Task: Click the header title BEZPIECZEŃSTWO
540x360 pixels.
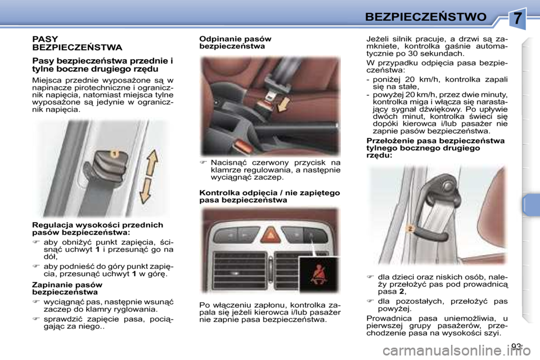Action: click(425, 17)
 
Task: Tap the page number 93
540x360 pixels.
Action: click(517, 346)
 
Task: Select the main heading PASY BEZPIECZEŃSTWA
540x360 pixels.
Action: click(77, 43)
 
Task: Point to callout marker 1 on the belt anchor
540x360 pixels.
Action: click(114, 154)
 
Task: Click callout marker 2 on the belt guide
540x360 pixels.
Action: click(410, 228)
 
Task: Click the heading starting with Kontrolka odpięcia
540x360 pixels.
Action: click(269, 196)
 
